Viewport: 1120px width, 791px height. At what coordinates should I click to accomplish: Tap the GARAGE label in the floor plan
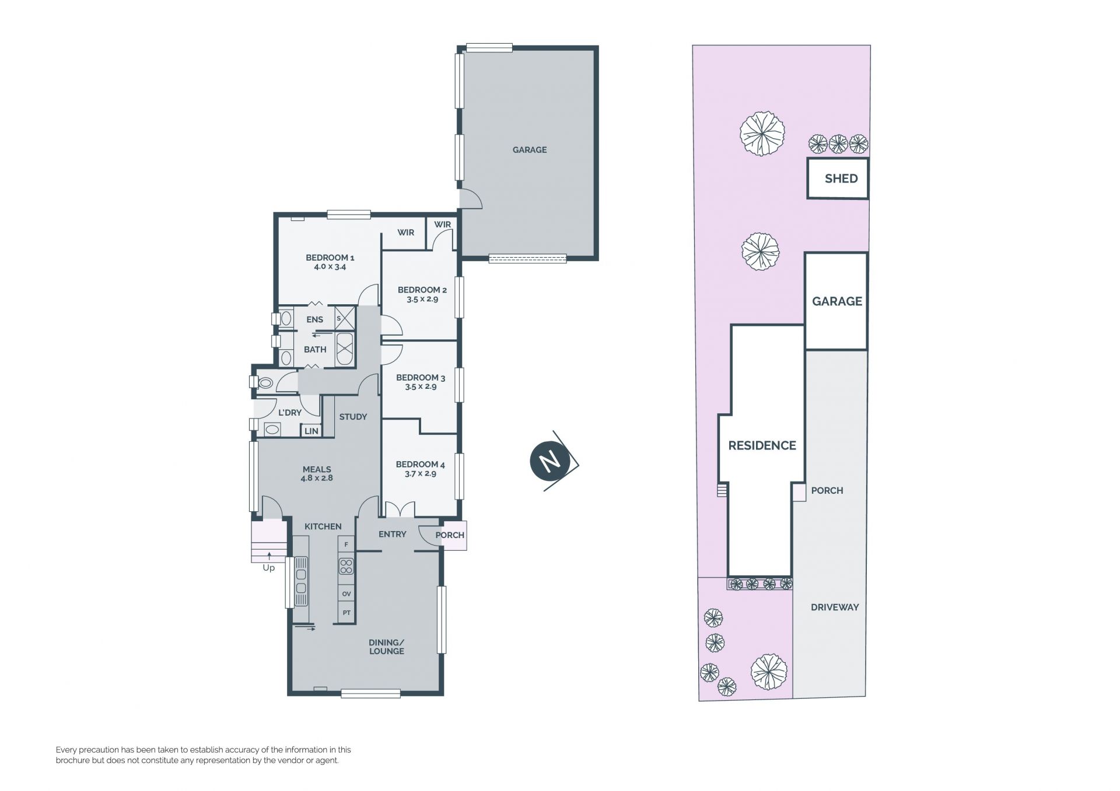530,150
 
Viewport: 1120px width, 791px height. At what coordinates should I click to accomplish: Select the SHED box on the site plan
838,178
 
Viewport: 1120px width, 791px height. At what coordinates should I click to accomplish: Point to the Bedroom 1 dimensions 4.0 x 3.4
330,267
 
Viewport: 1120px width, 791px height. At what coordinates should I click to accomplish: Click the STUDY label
353,417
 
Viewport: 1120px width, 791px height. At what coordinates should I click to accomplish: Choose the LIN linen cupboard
311,431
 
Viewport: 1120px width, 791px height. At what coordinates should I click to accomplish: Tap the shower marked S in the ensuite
345,318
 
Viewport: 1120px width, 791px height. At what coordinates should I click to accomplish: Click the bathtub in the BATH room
345,350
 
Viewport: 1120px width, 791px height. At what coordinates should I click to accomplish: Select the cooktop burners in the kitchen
346,566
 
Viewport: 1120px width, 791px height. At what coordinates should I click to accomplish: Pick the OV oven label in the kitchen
346,594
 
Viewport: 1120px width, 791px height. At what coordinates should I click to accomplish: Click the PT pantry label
346,613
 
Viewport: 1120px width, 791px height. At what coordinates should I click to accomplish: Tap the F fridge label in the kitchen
346,545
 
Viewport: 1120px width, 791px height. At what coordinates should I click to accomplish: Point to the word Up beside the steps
268,568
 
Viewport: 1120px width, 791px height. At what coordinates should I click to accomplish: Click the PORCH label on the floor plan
450,535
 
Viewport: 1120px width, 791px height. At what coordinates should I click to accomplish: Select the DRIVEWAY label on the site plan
835,607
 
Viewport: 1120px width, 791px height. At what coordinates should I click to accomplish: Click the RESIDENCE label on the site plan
762,445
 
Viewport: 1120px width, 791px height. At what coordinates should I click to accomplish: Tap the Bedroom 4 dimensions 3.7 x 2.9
421,474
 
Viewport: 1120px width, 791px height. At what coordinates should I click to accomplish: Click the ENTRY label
392,534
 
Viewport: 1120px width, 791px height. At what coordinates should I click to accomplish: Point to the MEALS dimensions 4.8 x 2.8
317,478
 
